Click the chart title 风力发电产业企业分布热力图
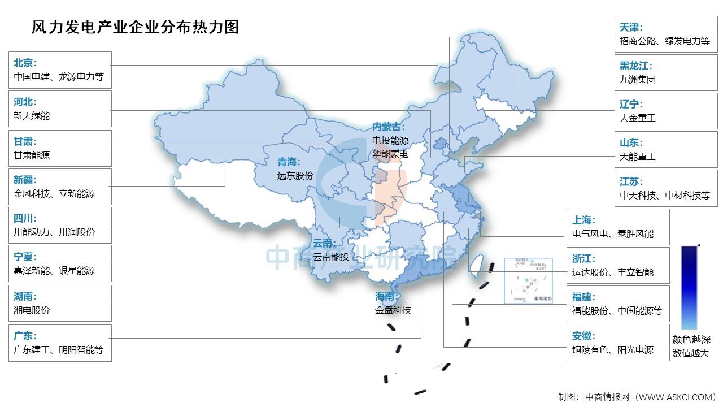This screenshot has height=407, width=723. (x=136, y=27)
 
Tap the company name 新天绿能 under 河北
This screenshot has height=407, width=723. (x=32, y=116)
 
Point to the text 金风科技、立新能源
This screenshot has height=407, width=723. (x=54, y=193)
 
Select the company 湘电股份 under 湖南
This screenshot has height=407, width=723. (x=32, y=310)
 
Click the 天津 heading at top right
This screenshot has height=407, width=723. (x=631, y=27)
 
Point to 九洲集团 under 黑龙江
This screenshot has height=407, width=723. (x=638, y=80)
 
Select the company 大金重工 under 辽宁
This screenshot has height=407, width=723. (x=638, y=118)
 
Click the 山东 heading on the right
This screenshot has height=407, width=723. (x=631, y=143)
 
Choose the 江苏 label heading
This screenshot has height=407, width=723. (x=631, y=182)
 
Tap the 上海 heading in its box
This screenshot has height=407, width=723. (x=583, y=220)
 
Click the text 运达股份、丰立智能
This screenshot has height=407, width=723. (x=613, y=272)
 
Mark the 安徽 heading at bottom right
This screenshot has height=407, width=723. (x=583, y=336)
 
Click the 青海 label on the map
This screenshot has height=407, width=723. (x=289, y=162)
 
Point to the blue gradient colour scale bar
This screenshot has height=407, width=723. (x=690, y=287)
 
